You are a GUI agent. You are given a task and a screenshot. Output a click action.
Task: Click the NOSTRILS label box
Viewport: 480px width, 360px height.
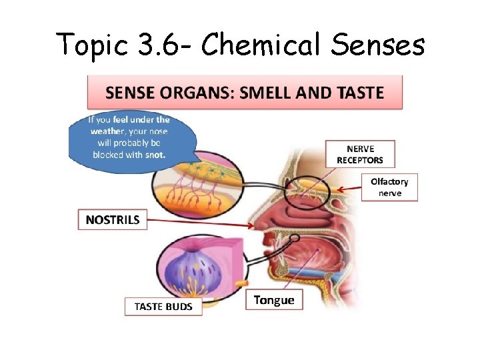point(112,219)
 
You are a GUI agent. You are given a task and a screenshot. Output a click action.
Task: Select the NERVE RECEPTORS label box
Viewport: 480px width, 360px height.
point(359,153)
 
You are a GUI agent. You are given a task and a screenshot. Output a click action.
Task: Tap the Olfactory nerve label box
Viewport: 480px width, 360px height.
point(389,187)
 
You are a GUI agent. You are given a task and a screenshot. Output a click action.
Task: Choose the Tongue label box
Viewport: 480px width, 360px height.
point(273,300)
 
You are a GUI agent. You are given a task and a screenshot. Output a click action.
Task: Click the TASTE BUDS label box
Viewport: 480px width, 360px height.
point(163,307)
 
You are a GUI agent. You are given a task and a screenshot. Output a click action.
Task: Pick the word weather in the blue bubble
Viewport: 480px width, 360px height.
point(111,131)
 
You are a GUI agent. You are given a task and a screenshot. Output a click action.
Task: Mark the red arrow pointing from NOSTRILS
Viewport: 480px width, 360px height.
point(200,221)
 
